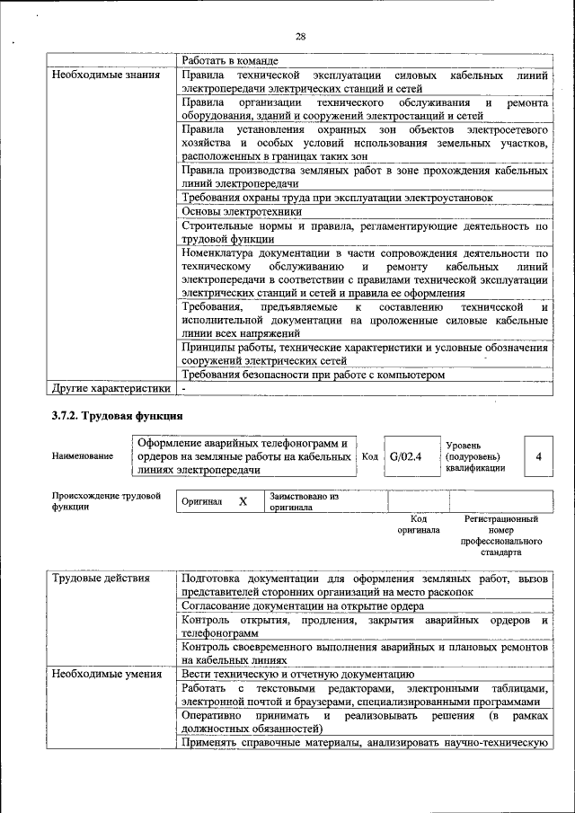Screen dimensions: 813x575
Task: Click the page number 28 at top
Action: coord(300,37)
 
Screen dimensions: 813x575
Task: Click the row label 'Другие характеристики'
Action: coord(111,389)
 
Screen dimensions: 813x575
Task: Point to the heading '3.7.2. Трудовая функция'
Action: coord(118,416)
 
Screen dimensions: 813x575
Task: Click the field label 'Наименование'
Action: coord(83,456)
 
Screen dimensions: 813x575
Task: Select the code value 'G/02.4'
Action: coord(405,456)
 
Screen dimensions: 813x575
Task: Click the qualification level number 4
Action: coord(538,456)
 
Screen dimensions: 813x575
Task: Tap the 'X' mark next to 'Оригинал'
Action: coord(243,501)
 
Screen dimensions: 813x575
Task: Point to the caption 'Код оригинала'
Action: coord(418,525)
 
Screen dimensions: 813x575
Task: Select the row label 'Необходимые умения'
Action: coord(106,673)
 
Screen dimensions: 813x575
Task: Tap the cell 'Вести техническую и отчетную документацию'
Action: coord(297,673)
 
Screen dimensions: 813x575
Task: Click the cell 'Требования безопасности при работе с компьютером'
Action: coord(313,375)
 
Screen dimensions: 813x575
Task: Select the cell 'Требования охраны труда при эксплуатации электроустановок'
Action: coord(337,197)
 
